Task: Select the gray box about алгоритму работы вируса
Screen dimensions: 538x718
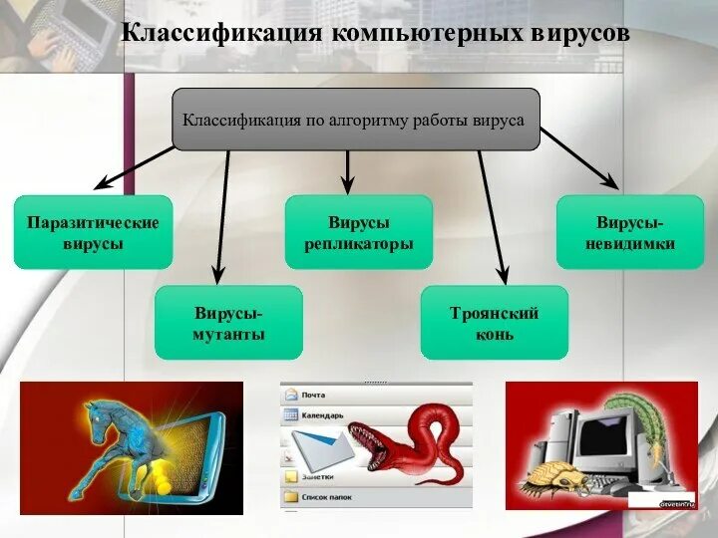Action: point(356,120)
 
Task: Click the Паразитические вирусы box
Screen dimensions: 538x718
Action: point(93,232)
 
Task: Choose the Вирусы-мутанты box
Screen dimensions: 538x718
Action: point(228,323)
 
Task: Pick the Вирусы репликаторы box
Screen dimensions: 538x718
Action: point(359,232)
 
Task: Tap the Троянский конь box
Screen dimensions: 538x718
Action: point(494,323)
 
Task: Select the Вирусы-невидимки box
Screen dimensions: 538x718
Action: point(630,232)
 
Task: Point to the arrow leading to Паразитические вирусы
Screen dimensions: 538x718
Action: point(135,167)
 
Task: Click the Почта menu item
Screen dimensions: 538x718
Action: point(314,395)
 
